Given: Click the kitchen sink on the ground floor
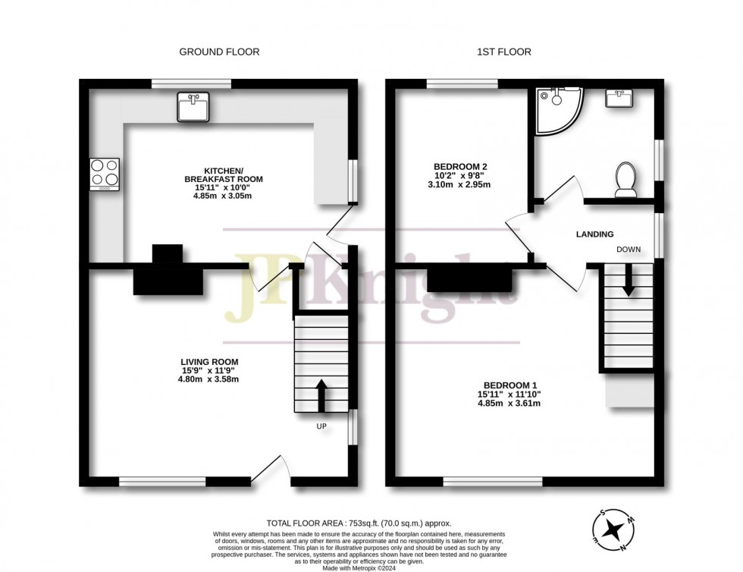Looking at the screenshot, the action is [x=193, y=107].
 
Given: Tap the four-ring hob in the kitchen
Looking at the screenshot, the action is [x=105, y=174].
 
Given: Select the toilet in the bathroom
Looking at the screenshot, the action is [x=625, y=180].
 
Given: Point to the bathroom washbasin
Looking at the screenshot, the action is [x=619, y=98].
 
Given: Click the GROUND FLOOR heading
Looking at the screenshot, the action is [x=219, y=52].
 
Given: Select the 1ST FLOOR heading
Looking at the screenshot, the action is [x=504, y=52].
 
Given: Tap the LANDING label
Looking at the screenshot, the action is [x=594, y=234].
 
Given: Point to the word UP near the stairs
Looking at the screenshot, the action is [x=321, y=426].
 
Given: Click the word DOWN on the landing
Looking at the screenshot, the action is [x=629, y=249].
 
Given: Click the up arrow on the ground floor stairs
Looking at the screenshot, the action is [x=321, y=395].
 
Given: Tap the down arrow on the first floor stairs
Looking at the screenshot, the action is [x=629, y=280].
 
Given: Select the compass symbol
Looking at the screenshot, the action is [x=614, y=530].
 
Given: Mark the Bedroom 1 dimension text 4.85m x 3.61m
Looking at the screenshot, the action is [x=509, y=403].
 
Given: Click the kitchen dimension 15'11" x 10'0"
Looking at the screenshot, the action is [x=223, y=187].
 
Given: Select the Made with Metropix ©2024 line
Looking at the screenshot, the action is [x=359, y=567].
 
